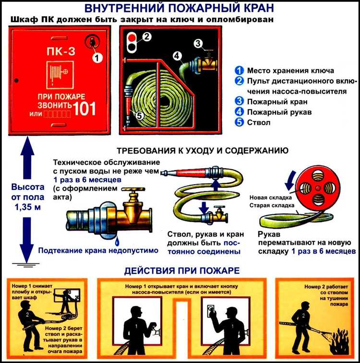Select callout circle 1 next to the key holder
click(97, 58)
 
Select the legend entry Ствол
click(259, 122)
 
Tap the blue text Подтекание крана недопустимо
click(98, 250)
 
